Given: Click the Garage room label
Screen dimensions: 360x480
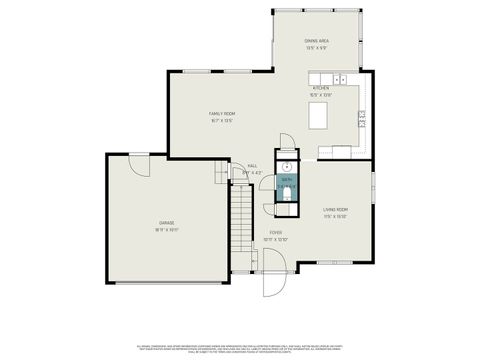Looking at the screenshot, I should pos(166,222).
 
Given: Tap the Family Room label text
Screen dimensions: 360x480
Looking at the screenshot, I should pos(222,114).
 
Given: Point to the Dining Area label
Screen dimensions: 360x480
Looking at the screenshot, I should pos(317,41).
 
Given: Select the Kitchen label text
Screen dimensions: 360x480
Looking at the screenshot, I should pos(320,88).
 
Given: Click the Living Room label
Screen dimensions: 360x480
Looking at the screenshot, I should pos(335,210).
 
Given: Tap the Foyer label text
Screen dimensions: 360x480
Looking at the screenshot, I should pos(275,233).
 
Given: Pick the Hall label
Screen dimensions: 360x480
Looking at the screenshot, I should pos(252,166).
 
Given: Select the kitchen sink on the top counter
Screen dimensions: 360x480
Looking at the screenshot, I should pos(339,78).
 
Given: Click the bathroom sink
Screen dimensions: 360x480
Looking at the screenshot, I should pos(287,166).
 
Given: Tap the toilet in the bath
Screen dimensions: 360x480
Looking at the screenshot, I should pos(286,195).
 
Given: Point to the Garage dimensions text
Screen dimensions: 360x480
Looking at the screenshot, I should pos(166,229).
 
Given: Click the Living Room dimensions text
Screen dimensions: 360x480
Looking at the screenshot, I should pos(335,217).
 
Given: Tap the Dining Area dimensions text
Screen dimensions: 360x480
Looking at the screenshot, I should pos(317,48).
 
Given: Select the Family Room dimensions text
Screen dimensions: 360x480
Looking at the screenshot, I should pos(222,121).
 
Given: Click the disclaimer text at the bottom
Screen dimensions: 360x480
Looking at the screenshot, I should pos(240,344).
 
